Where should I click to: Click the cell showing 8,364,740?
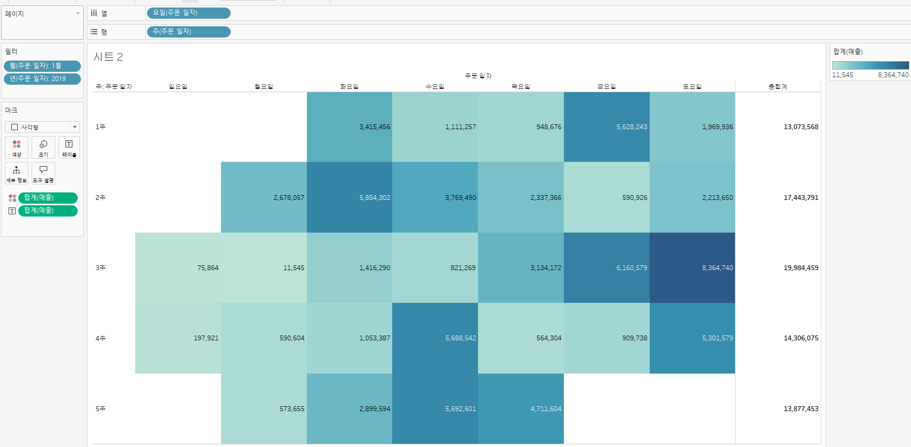pyautogui.click(x=692, y=267)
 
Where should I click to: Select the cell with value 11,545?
pyautogui.click(x=263, y=267)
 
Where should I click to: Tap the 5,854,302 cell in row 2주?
pyautogui.click(x=349, y=197)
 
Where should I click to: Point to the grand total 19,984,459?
pyautogui.click(x=800, y=268)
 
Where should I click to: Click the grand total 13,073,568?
pyautogui.click(x=800, y=127)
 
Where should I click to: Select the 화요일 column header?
pyautogui.click(x=349, y=86)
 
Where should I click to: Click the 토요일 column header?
pyautogui.click(x=692, y=86)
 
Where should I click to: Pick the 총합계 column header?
pyautogui.click(x=777, y=86)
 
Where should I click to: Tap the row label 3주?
pyautogui.click(x=100, y=268)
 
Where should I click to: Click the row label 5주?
pyautogui.click(x=100, y=409)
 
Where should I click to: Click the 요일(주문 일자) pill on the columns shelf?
pyautogui.click(x=188, y=13)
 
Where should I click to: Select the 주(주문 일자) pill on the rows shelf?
pyautogui.click(x=188, y=32)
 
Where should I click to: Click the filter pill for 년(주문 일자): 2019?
pyautogui.click(x=42, y=79)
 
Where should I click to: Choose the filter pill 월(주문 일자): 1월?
pyautogui.click(x=42, y=66)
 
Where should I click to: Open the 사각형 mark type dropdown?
pyautogui.click(x=42, y=127)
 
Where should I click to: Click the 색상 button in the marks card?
pyautogui.click(x=17, y=147)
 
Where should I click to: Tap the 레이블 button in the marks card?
pyautogui.click(x=69, y=147)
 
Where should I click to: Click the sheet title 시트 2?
pyautogui.click(x=108, y=57)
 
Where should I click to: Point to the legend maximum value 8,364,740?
pyautogui.click(x=893, y=75)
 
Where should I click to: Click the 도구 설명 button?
pyautogui.click(x=43, y=173)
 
